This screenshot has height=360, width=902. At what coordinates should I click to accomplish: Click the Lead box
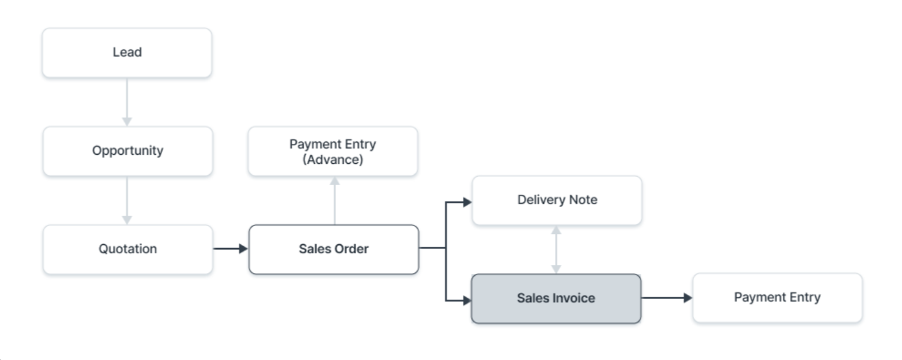coord(127,53)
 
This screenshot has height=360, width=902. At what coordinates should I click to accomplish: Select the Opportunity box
coord(127,151)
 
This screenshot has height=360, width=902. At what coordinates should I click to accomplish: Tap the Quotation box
coord(127,249)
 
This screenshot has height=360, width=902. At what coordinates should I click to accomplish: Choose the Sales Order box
coord(333,249)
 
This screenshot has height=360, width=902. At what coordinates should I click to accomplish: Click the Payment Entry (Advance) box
coord(333,152)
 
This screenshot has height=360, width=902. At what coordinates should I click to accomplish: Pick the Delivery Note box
coord(557,200)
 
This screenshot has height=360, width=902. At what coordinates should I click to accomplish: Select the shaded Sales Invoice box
coord(555,298)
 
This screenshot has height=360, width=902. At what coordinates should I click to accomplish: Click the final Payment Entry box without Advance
coord(777,298)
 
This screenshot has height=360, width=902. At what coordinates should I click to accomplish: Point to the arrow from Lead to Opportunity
coord(127,102)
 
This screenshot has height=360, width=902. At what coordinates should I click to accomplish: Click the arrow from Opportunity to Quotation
coord(127,200)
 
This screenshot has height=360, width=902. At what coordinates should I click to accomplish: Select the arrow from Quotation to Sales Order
coord(230,249)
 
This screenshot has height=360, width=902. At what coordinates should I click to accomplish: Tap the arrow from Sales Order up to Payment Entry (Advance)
coord(334,200)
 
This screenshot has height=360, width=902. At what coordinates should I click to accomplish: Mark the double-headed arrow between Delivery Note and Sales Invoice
coord(555,250)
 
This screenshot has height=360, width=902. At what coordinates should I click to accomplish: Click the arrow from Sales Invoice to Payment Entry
coord(666,298)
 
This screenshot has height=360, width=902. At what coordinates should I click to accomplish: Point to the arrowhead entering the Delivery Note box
coord(467,202)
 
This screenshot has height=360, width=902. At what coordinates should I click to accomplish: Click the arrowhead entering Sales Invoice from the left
coord(467,300)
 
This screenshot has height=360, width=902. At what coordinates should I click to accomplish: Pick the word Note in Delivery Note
coord(583,200)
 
